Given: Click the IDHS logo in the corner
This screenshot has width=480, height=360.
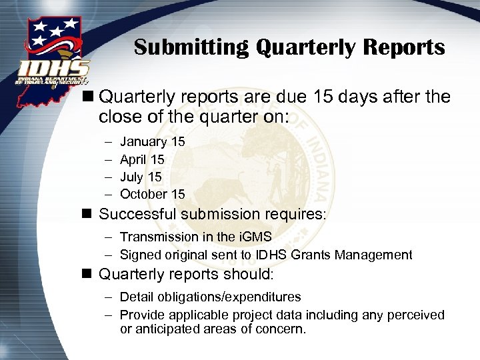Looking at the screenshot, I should pyautogui.click(x=52, y=53).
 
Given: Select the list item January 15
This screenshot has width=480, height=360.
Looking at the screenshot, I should pyautogui.click(x=152, y=142).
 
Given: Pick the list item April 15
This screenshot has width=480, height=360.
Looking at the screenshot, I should pyautogui.click(x=142, y=159).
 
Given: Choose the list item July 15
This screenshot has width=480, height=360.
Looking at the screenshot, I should pyautogui.click(x=141, y=177).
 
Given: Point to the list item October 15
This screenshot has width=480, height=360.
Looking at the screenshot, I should pyautogui.click(x=152, y=194).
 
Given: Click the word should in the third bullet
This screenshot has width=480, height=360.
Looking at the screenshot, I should pyautogui.click(x=247, y=275).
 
